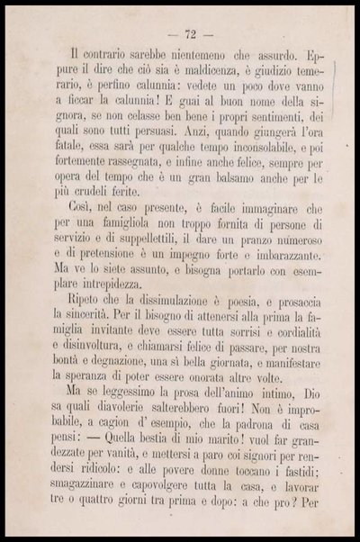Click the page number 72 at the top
click(190, 34)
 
